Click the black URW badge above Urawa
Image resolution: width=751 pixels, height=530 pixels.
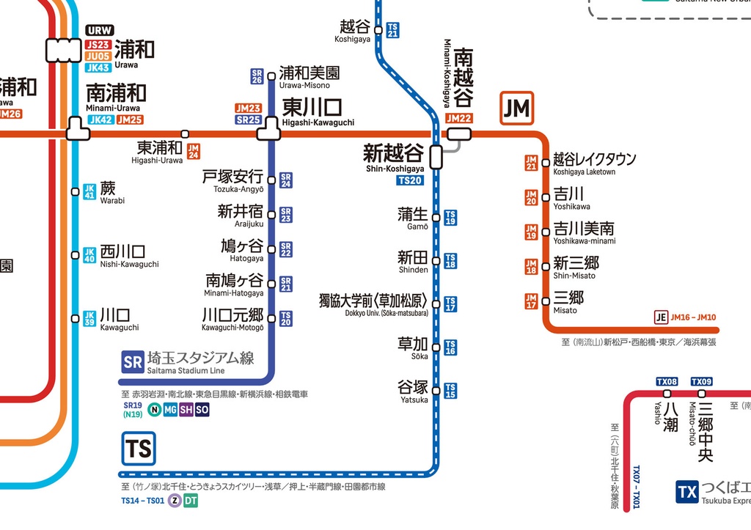[x=100, y=31]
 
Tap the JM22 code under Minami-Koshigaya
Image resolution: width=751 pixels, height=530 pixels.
[x=458, y=118]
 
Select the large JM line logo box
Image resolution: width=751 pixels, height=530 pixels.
[x=516, y=108]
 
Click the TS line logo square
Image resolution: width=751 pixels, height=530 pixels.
[x=139, y=448]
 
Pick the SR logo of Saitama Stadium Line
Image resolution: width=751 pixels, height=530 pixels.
[x=133, y=361]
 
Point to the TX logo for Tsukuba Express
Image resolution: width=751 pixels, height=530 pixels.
[x=686, y=492]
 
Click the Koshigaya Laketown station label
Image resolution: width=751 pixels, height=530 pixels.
[x=594, y=163]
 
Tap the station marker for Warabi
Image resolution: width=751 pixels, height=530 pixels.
[x=75, y=192]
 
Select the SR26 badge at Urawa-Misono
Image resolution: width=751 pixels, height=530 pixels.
[x=257, y=76]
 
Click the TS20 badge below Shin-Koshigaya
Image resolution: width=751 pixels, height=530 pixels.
[x=410, y=180]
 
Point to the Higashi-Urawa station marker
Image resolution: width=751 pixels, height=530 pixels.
[x=185, y=134]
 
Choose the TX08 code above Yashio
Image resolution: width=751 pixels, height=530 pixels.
[x=667, y=382]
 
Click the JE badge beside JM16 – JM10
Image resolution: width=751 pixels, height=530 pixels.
[x=661, y=317]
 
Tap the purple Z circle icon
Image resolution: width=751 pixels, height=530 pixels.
[x=175, y=501]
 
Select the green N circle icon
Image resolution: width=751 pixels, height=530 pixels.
[x=155, y=410]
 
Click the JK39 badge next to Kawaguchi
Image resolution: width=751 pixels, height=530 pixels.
[x=89, y=318]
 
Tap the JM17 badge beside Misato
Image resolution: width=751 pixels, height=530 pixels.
[x=531, y=301]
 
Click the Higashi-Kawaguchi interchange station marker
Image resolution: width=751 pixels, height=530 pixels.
[x=269, y=134]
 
